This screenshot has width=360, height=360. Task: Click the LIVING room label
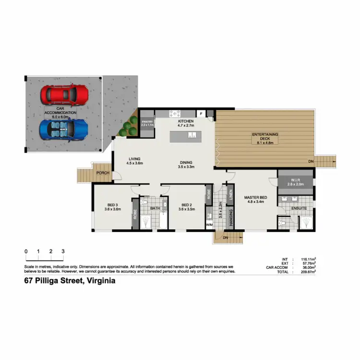tap(135, 159)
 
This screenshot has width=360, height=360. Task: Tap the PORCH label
tap(102, 173)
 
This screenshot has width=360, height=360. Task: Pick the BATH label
tap(155, 208)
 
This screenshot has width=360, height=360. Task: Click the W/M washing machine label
tap(209, 224)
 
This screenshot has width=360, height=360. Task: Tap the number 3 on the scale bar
tap(63, 251)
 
